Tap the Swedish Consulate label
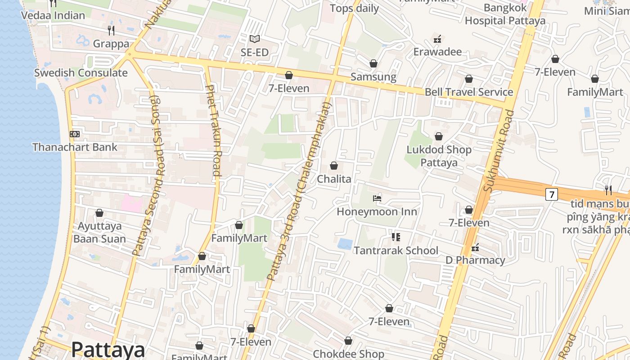coord(81,73)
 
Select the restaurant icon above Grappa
coord(111,31)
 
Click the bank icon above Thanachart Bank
coord(75,134)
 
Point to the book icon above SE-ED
coord(255,39)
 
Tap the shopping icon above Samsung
coord(373,63)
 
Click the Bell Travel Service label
coord(469,92)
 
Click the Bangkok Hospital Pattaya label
coord(505,14)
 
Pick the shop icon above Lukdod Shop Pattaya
coord(439,136)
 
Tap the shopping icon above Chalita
coord(334,166)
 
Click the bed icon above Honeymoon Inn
coord(377,198)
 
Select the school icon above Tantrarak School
coord(396,237)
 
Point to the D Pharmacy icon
coord(475,247)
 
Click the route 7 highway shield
coord(551,194)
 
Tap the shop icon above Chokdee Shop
coord(348,341)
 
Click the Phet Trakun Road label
coord(213,130)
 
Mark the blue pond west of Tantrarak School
coord(345,244)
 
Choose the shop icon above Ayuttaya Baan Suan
coord(99,213)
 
